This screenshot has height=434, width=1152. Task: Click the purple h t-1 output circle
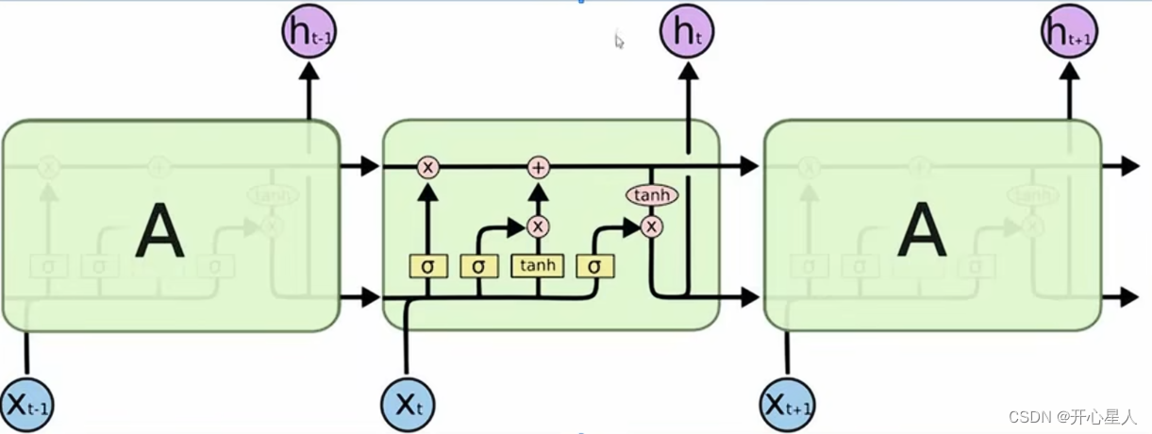click(x=309, y=32)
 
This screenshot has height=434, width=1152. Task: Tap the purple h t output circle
click(x=688, y=32)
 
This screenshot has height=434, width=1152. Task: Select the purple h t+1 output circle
click(x=1068, y=32)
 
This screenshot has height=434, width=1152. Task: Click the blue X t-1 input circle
click(x=26, y=404)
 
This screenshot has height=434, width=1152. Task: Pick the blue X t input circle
click(x=408, y=404)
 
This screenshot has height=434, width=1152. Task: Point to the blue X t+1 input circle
click(x=787, y=404)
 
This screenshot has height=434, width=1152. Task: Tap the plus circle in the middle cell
click(x=538, y=167)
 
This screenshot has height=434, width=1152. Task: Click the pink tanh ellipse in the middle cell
click(x=651, y=195)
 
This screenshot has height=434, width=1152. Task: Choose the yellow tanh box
click(x=537, y=266)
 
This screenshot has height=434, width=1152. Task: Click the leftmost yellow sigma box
click(x=427, y=266)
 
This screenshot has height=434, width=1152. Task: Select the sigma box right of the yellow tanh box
click(x=594, y=266)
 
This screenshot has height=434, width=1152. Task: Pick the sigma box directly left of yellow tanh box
click(x=478, y=266)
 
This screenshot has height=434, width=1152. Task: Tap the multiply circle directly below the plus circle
click(x=538, y=226)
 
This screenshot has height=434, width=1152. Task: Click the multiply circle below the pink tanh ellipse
click(x=651, y=226)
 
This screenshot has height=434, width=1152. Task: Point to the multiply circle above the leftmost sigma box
click(x=428, y=167)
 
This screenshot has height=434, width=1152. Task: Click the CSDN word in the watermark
click(x=1029, y=416)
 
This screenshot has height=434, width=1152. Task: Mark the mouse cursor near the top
click(x=619, y=41)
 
